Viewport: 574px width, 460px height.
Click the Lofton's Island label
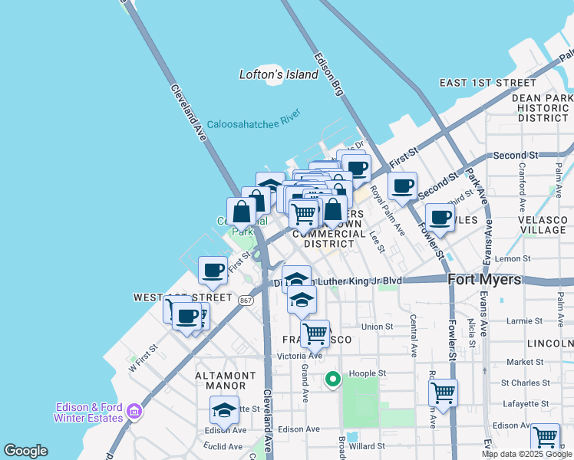pos(279,75)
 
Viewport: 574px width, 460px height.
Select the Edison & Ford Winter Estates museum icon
pos(135,412)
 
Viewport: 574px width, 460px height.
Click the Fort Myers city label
pos(484,280)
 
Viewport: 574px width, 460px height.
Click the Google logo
pos(25,451)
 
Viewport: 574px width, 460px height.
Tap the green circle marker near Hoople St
pos(333,379)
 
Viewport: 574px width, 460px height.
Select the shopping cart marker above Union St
pos(315,333)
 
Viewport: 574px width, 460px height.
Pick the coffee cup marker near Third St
pos(440,217)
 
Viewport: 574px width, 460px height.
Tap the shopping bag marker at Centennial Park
pos(241,212)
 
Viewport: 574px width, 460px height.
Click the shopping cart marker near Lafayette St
pos(443,393)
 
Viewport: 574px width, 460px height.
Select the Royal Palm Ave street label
pos(388,210)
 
